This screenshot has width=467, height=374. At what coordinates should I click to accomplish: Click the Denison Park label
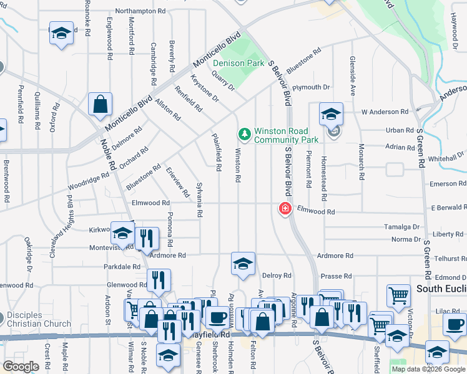coord(238,63)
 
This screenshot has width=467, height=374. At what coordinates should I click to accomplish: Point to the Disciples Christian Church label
coord(39,319)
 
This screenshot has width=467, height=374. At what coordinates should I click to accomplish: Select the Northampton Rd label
coord(140,11)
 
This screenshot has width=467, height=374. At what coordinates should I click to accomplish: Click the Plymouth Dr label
coord(310,87)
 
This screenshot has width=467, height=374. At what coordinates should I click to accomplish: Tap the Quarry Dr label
coord(222,80)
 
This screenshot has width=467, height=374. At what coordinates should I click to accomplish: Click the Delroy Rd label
coord(277,276)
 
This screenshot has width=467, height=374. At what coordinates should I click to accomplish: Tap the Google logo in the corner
coord(21,367)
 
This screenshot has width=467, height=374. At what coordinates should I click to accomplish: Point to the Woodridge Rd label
coord(89,185)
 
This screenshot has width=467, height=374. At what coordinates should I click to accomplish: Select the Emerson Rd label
coord(443,184)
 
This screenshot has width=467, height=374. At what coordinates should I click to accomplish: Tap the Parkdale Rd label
coord(122,267)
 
